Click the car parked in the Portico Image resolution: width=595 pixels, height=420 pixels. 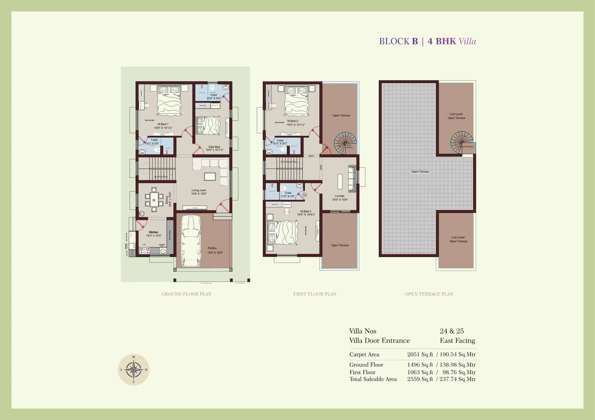[191, 240]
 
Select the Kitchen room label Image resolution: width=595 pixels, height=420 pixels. [153, 232]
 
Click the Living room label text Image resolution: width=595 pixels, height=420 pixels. [199, 190]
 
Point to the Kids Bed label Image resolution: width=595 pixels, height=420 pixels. [214, 147]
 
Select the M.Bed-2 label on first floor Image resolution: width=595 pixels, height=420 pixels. [293, 121]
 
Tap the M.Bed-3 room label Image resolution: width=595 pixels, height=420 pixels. [306, 211]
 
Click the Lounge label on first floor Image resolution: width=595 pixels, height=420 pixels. [339, 196]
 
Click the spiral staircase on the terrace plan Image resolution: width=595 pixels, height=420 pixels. [462, 142]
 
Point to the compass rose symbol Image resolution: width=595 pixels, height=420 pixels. [133, 370]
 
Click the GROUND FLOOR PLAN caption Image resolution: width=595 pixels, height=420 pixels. [186, 294]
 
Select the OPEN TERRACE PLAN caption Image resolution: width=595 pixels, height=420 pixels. [429, 294]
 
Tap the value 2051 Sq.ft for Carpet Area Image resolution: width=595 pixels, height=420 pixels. [420, 354]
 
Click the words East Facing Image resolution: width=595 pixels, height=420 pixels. [457, 340]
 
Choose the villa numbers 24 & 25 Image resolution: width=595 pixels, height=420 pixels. [452, 331]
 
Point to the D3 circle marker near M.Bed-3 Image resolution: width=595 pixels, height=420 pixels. [305, 195]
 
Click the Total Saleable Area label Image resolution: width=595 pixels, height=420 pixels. [373, 379]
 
